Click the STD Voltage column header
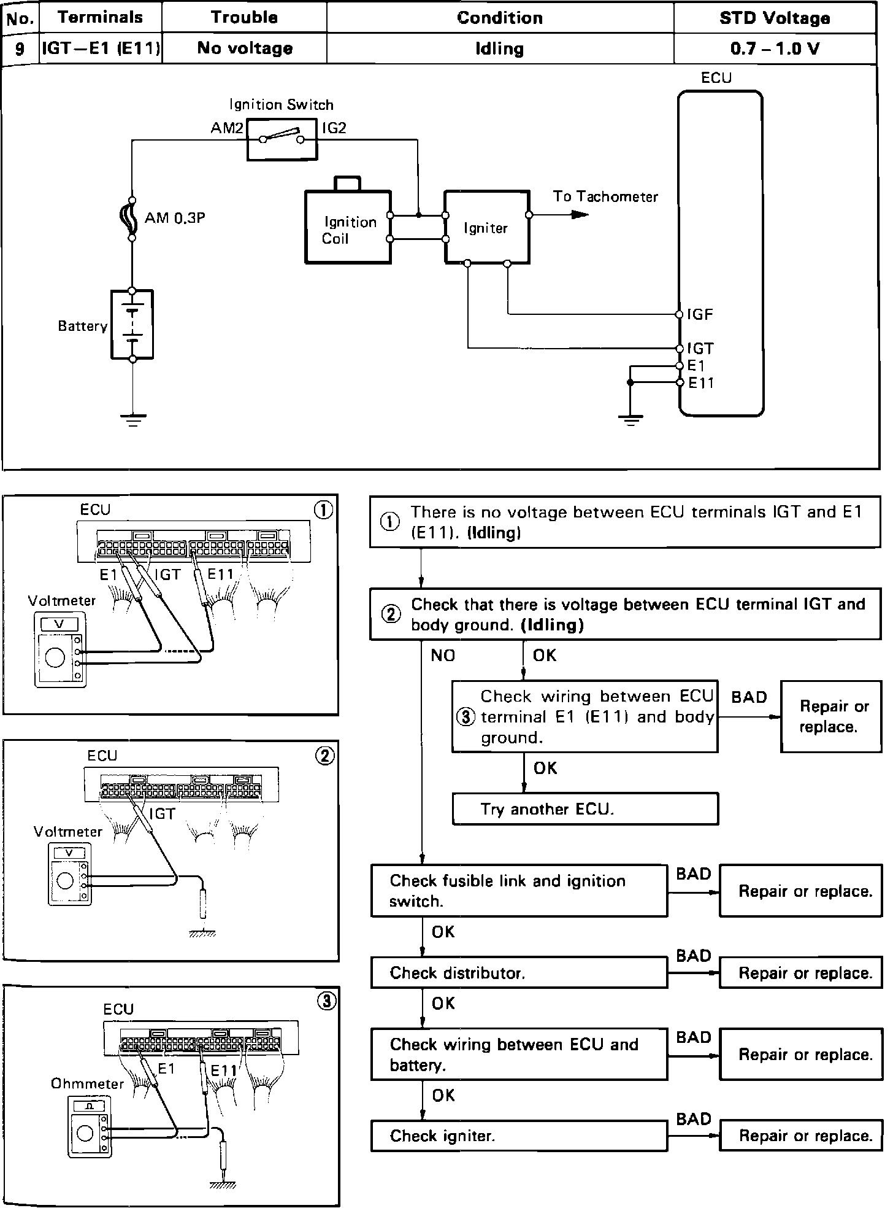[x=775, y=18]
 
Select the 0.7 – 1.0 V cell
[x=775, y=48]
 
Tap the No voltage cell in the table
[x=244, y=48]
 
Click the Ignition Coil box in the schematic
[x=348, y=228]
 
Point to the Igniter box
[x=486, y=228]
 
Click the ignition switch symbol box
[x=282, y=140]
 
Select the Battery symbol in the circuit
[x=132, y=324]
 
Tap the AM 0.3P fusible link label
[x=174, y=218]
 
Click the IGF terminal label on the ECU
[x=700, y=315]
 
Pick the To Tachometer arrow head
[x=579, y=215]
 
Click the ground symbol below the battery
[x=133, y=419]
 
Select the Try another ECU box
[x=584, y=808]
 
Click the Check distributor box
[x=519, y=973]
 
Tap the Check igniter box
[x=519, y=1136]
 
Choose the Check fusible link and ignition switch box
[x=519, y=891]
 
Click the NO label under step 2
[x=443, y=656]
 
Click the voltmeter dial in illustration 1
[x=55, y=658]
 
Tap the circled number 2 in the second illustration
[x=324, y=756]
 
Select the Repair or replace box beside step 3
[x=830, y=716]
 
